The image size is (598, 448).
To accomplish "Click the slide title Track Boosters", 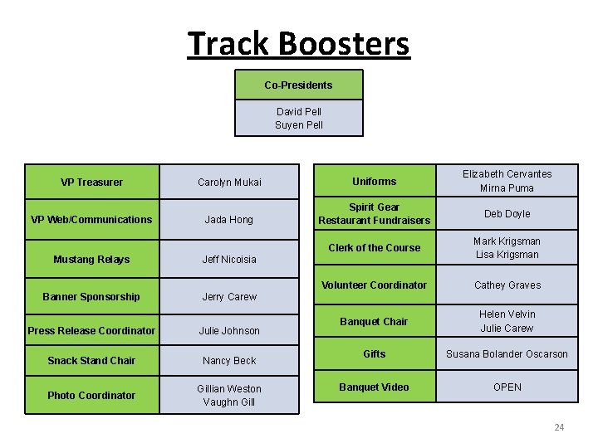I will pos(298,43).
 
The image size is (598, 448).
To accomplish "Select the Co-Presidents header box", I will pos(298,85).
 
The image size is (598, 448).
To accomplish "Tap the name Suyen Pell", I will pos(298,125).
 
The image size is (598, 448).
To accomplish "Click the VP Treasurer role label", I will pos(91,183).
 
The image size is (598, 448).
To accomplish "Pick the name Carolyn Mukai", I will pos(229,183).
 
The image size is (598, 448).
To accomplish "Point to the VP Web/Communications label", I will pos(91,220).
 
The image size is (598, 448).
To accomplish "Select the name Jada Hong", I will pos(229,220).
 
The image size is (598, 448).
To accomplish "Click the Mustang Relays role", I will pos(91,260).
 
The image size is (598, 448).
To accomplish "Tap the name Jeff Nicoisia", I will pos(229,260).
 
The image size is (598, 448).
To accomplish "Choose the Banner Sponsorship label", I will pos(91,297).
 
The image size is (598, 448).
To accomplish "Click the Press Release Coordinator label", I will pos(91,331).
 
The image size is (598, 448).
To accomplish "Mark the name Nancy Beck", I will pos(229,361).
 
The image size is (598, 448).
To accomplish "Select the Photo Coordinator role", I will pos(91,396).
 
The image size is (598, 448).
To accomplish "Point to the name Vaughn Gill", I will pos(229,402).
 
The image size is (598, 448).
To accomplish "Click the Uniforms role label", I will pos(374,182).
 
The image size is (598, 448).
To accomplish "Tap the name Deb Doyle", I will pos(507,214).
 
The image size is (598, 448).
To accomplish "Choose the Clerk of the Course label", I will pos(374,248).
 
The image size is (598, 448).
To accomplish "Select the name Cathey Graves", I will pos(507,285).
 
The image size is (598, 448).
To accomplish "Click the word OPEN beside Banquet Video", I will pos(507,387).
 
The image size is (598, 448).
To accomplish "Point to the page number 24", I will pos(559,427).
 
